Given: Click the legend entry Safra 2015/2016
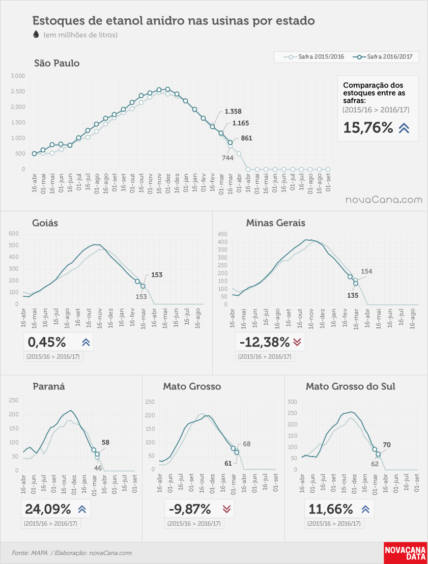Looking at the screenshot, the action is click(x=314, y=57).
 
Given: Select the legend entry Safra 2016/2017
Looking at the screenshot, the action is click(x=383, y=57).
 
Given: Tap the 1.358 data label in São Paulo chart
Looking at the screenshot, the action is click(x=233, y=111).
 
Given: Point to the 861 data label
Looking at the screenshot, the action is click(x=246, y=138).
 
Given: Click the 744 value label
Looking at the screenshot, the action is click(x=227, y=158).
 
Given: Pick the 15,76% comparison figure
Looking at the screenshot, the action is click(x=368, y=128).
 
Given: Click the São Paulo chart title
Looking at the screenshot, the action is click(x=57, y=63).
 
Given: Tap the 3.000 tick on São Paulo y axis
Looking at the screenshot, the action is click(x=18, y=76).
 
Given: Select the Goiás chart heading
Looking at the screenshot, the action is click(x=45, y=223).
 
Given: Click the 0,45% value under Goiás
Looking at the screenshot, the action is click(x=47, y=342).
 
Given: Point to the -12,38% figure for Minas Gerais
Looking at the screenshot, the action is click(x=264, y=342).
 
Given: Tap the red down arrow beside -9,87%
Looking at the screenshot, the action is click(x=226, y=509).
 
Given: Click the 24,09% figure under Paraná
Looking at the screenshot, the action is click(x=48, y=509).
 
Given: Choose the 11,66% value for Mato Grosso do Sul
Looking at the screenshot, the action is click(x=330, y=509).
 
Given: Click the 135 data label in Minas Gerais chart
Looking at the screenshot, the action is click(x=353, y=295).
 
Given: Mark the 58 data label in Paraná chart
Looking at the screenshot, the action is click(x=105, y=442).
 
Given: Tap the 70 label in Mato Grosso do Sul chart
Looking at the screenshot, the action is click(x=387, y=445).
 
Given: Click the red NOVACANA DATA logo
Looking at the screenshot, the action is click(x=406, y=553).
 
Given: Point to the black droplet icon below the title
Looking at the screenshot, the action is click(x=36, y=34).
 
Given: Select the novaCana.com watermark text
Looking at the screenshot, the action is click(x=384, y=200).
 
